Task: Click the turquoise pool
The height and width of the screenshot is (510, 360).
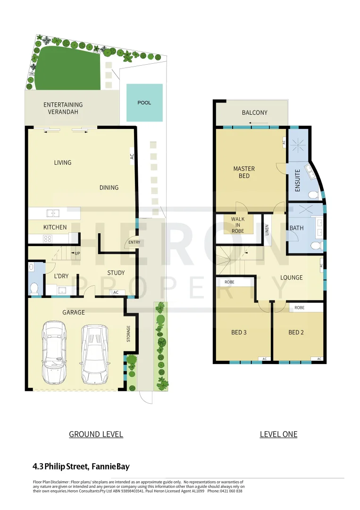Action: click(144, 102)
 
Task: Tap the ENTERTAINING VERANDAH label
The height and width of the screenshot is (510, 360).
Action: click(63, 108)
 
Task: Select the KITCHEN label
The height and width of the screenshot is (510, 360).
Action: click(55, 227)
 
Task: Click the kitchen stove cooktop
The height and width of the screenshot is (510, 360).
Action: click(47, 238)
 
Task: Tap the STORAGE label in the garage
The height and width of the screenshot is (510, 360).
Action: click(128, 334)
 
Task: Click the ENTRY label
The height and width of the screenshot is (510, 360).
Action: click(134, 242)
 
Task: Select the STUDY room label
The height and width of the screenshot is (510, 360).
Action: click(116, 272)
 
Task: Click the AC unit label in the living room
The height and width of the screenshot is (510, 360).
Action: click(132, 155)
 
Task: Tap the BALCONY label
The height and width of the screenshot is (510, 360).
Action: click(254, 112)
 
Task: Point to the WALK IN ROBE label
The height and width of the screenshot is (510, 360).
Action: click(238, 224)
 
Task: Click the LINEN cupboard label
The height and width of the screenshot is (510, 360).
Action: click(267, 230)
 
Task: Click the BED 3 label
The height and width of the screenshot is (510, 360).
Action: click(239, 332)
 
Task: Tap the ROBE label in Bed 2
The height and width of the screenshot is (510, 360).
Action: click(299, 307)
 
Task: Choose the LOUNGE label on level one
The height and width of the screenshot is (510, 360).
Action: click(291, 277)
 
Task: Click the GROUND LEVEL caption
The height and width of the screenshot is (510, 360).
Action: click(96, 434)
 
